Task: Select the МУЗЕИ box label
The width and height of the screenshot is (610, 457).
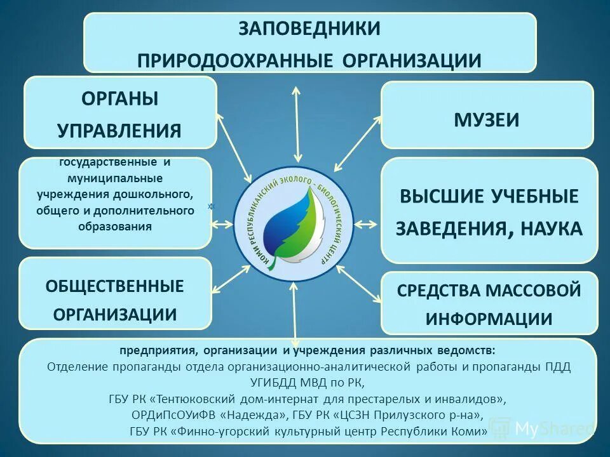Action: [487, 119]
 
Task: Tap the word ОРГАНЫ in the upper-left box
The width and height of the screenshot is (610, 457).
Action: [119, 99]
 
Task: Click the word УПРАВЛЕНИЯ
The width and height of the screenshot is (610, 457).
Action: [119, 131]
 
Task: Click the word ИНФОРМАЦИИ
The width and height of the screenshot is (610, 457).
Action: [489, 319]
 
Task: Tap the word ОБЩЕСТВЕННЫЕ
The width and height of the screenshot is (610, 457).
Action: [114, 286]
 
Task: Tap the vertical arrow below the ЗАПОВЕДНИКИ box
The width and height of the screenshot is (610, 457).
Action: [297, 123]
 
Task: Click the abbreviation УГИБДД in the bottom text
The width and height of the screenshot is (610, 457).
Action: [278, 383]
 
